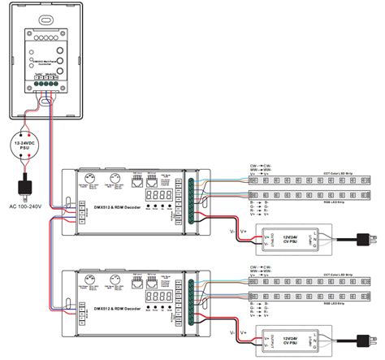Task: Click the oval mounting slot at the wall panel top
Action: [50, 18]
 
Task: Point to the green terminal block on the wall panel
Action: [50, 84]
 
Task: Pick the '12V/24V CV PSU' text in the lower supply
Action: [289, 337]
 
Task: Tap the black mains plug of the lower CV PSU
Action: [362, 341]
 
